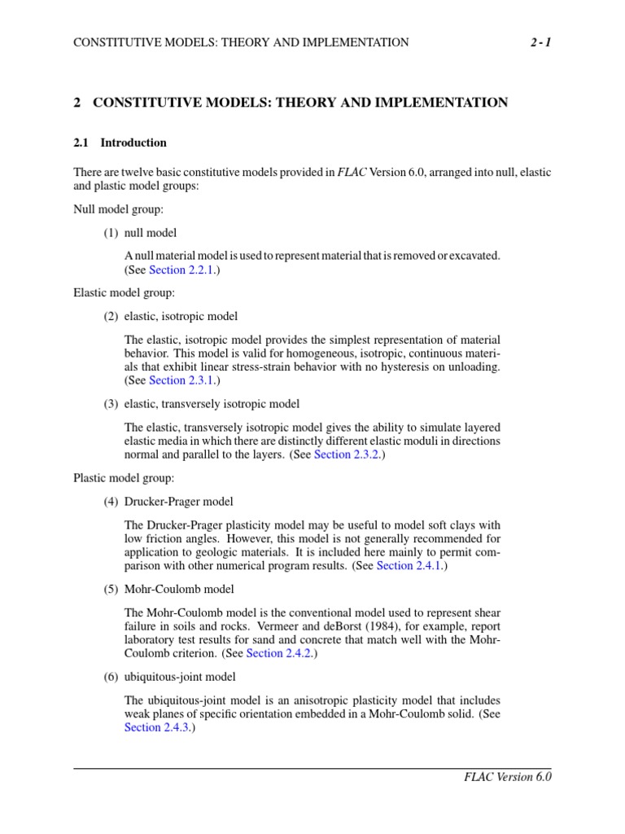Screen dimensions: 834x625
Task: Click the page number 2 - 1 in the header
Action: (539, 42)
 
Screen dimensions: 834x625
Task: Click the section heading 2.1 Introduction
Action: (120, 143)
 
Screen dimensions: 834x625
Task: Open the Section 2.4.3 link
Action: (159, 727)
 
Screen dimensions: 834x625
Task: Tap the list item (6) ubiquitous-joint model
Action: (170, 677)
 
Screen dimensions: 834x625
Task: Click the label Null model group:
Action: (119, 209)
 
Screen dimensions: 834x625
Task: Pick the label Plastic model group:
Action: (124, 478)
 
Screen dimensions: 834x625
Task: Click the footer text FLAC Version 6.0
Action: (508, 778)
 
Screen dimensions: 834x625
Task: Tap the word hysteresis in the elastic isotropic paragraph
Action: (396, 367)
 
